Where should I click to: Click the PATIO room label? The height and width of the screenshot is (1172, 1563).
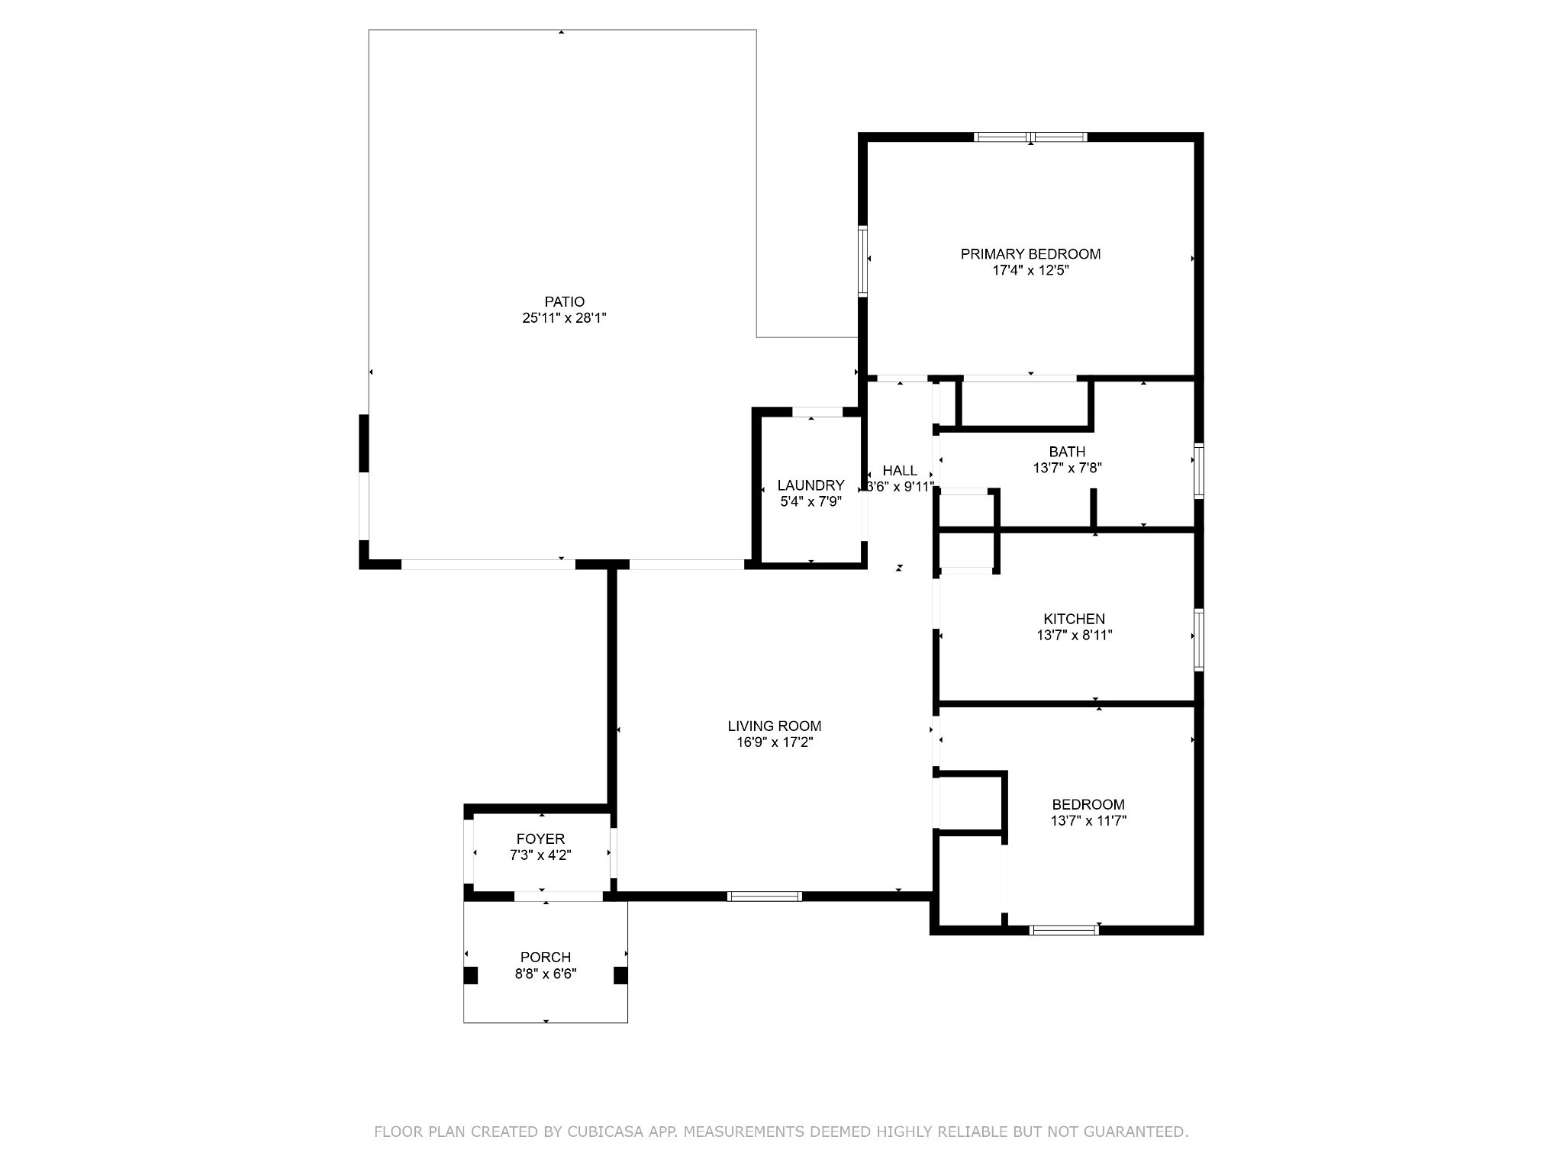(564, 301)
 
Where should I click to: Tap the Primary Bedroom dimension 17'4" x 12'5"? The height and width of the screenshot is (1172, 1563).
(1030, 270)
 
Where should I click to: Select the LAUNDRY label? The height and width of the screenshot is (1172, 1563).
(811, 485)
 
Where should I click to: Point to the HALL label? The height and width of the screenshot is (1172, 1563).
(900, 471)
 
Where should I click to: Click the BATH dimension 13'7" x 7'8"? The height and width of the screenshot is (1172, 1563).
(1067, 468)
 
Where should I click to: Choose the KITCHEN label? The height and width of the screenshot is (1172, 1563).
(1074, 619)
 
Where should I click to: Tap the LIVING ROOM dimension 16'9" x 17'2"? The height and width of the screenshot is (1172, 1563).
(774, 742)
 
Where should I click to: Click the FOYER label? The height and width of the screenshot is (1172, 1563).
(540, 839)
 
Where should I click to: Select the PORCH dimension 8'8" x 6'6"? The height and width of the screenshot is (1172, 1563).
(545, 974)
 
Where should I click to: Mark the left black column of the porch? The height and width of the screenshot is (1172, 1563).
(471, 975)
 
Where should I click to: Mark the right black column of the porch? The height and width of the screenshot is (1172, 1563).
(620, 975)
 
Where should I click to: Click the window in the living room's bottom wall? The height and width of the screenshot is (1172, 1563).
(764, 897)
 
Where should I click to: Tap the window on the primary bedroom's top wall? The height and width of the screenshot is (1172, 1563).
(1030, 137)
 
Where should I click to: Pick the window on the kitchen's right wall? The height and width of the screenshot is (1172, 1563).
(1198, 639)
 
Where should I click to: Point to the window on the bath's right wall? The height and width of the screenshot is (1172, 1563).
(1198, 471)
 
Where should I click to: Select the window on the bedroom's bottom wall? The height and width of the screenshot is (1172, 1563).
(1064, 929)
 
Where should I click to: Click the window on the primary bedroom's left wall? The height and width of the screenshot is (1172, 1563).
(862, 260)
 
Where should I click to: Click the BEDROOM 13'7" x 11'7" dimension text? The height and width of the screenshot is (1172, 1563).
(1088, 821)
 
